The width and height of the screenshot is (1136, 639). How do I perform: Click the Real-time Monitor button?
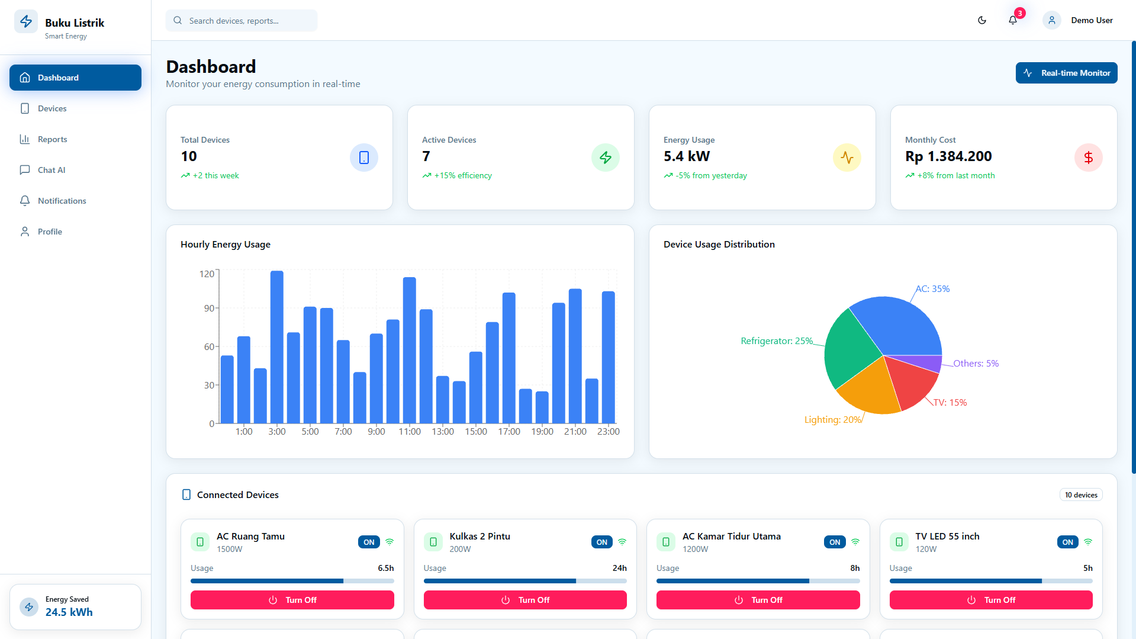[x=1066, y=73]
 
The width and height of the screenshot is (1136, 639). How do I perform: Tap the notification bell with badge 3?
[x=1013, y=20]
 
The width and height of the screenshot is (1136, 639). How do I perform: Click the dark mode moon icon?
[x=982, y=20]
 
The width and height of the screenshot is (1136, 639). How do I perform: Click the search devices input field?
[x=242, y=21]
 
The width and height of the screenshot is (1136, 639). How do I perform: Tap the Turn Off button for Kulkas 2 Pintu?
[x=525, y=600]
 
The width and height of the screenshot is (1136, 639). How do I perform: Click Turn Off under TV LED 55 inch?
[x=991, y=600]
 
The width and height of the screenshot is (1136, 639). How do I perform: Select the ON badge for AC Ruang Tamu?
[x=369, y=542]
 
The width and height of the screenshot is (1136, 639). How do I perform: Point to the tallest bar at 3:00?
[x=277, y=347]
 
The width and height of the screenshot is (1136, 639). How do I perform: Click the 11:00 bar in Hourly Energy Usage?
[x=410, y=350]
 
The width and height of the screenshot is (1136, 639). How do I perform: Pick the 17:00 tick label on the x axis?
[x=509, y=431]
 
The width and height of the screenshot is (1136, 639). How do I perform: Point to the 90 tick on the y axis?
[x=209, y=308]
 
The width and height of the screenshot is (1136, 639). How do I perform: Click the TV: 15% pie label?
[x=950, y=402]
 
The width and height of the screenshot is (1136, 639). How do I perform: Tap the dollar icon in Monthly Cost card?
[x=1089, y=158]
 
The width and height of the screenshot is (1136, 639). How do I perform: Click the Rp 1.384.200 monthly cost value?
[x=948, y=156]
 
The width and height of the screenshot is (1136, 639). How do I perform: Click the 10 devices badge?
[x=1081, y=495]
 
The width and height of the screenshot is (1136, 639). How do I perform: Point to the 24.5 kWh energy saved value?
[x=69, y=612]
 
